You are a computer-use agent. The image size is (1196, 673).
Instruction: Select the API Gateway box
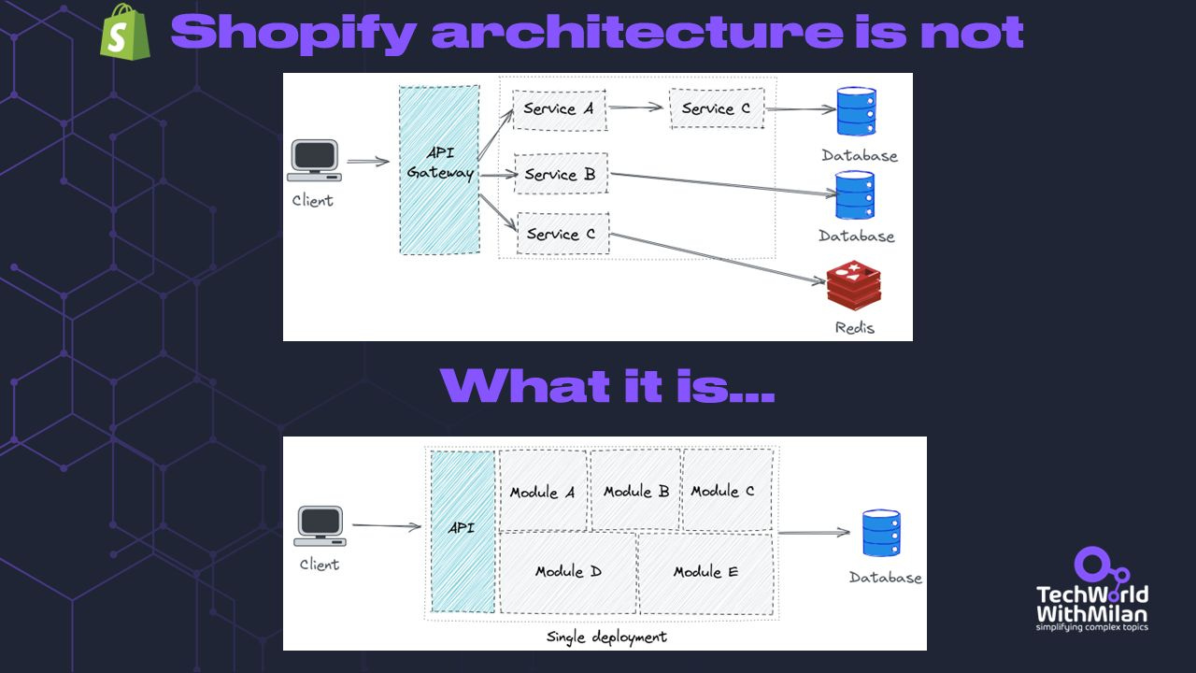click(x=439, y=169)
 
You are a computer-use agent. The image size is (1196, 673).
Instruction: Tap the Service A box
click(x=559, y=109)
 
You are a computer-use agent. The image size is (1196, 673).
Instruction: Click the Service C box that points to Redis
click(x=562, y=234)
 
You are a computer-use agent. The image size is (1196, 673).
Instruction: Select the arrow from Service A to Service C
click(x=636, y=107)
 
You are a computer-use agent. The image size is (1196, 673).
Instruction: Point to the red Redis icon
click(x=853, y=287)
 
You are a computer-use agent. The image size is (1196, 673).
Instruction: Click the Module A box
click(x=543, y=492)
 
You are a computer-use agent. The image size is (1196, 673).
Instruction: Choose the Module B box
click(x=635, y=491)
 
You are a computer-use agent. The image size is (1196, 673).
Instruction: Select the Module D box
click(x=568, y=572)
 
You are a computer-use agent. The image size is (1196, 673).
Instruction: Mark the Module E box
click(x=705, y=572)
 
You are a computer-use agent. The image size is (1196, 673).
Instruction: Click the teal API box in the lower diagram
click(x=462, y=531)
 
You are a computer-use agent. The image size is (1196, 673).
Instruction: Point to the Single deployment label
click(x=606, y=637)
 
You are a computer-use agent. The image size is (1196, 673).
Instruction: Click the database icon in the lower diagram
click(x=881, y=534)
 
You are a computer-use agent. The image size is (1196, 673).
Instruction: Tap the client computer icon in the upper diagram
click(x=314, y=161)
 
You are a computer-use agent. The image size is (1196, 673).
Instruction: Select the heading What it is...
click(x=606, y=385)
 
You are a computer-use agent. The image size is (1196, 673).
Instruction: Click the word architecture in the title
click(x=636, y=34)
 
